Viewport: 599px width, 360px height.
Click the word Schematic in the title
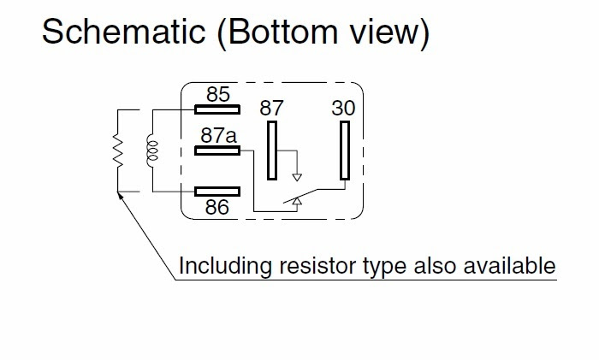pyautogui.click(x=124, y=32)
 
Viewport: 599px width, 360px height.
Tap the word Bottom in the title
pyautogui.click(x=279, y=32)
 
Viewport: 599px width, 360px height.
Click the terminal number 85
pyautogui.click(x=218, y=94)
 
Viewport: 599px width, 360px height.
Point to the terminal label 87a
pyautogui.click(x=218, y=135)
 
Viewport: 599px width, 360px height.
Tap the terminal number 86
pyautogui.click(x=217, y=207)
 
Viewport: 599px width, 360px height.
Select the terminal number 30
pyautogui.click(x=343, y=108)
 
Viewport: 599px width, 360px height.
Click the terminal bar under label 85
pyautogui.click(x=217, y=110)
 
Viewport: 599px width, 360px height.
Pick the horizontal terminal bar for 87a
pyautogui.click(x=217, y=150)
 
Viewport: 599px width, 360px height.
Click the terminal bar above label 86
pyautogui.click(x=217, y=192)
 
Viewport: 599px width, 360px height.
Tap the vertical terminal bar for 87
pyautogui.click(x=272, y=150)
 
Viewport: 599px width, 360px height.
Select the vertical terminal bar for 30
pyautogui.click(x=345, y=150)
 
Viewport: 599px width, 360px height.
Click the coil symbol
pyautogui.click(x=152, y=150)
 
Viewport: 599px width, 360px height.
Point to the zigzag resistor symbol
pyautogui.click(x=118, y=150)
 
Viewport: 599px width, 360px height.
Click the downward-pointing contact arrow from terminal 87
pyautogui.click(x=297, y=177)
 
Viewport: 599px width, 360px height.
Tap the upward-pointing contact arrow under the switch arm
pyautogui.click(x=297, y=202)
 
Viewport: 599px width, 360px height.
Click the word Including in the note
pyautogui.click(x=225, y=266)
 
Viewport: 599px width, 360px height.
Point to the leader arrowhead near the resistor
pyautogui.click(x=120, y=196)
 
